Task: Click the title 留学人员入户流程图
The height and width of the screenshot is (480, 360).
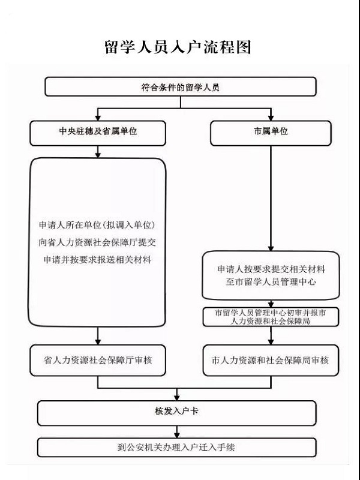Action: (178, 47)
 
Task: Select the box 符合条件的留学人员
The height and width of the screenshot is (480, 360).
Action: (181, 86)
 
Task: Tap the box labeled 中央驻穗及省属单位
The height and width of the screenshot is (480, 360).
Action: (98, 133)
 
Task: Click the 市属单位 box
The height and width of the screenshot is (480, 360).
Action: (271, 133)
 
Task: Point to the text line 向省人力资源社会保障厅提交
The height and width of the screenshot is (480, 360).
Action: (97, 242)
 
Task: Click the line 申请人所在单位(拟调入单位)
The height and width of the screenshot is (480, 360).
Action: (97, 226)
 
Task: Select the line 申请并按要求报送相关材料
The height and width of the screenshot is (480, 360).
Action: (97, 260)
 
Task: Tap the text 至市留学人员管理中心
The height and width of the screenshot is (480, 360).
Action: (271, 281)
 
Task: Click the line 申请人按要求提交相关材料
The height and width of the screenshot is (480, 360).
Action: (271, 269)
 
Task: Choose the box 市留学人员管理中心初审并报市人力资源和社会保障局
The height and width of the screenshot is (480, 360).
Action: (271, 317)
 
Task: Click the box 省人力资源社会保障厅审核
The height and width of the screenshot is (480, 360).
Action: (98, 361)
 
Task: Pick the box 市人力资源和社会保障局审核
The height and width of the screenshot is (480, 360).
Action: (271, 361)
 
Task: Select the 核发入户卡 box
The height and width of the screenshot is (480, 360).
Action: (176, 413)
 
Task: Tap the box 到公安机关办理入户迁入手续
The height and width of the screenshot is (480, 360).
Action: (176, 448)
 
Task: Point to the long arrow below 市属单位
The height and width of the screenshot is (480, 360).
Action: (271, 199)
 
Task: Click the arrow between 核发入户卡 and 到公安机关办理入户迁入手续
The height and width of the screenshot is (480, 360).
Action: (176, 431)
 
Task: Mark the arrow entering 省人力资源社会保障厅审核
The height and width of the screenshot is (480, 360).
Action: (98, 336)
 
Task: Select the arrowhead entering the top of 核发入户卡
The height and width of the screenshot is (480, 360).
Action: (176, 398)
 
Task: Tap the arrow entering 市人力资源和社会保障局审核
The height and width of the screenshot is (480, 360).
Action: (271, 335)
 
